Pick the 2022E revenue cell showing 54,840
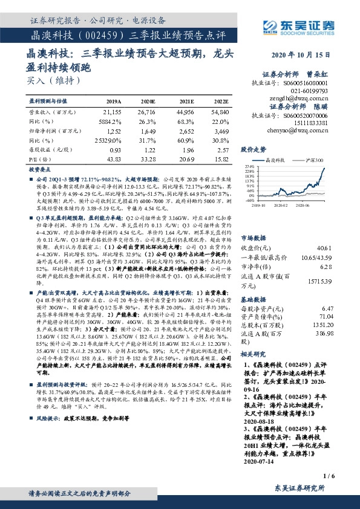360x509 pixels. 219,112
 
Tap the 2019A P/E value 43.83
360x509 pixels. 113,158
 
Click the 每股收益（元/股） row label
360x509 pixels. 49,149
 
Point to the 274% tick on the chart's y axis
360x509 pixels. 249,166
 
